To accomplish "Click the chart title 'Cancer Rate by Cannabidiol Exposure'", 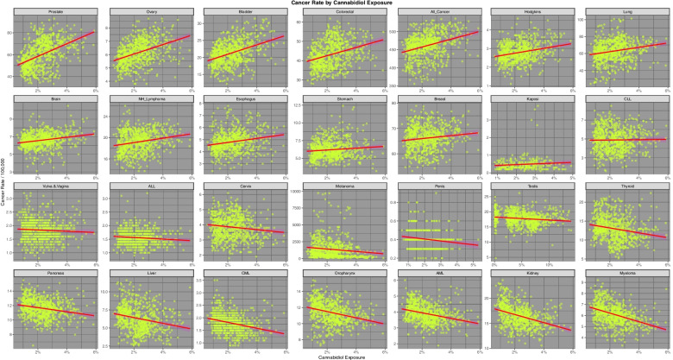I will point(336,3).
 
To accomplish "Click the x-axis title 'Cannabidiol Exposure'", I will point(336,357).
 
